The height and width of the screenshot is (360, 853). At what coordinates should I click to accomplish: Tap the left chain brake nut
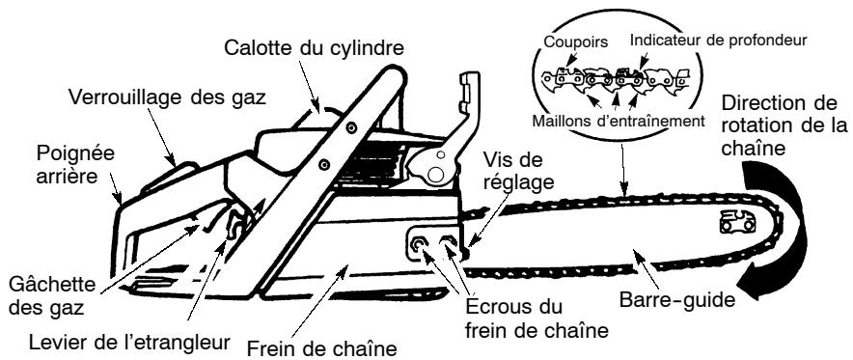[419, 247]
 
